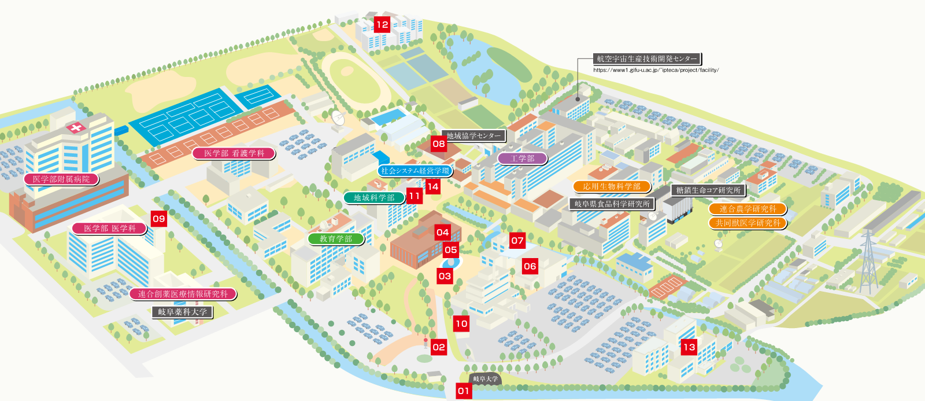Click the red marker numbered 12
(x=382, y=24)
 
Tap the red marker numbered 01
(x=464, y=391)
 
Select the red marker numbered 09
(x=158, y=219)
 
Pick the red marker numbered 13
(x=689, y=347)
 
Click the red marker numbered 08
(x=439, y=144)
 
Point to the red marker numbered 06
(x=530, y=266)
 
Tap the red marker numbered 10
(x=461, y=323)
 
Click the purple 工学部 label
(x=523, y=158)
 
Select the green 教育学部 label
(x=336, y=238)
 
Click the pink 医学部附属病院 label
(x=61, y=179)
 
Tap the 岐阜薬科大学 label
(x=182, y=312)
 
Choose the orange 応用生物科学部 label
(x=612, y=186)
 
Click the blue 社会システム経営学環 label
(x=415, y=171)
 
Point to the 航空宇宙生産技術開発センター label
(x=646, y=58)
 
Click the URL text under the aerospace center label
(x=656, y=70)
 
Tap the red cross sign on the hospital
(x=75, y=128)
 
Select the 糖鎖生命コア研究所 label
(x=708, y=190)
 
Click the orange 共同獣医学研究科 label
(x=748, y=223)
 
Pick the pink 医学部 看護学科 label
(x=234, y=153)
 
